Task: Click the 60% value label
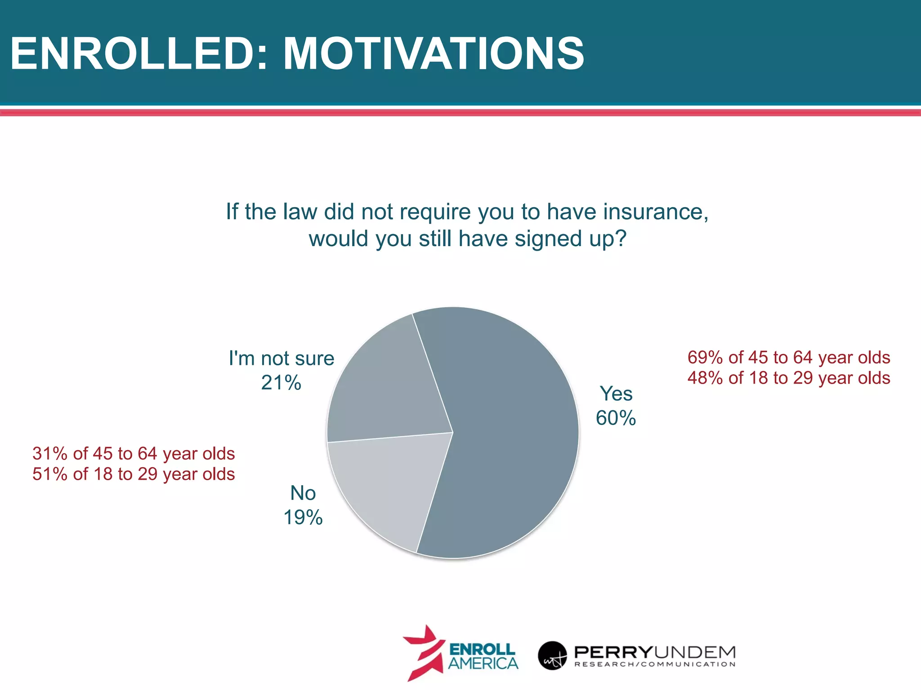[x=616, y=418]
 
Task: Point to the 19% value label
[x=303, y=517]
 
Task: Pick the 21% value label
[x=281, y=383]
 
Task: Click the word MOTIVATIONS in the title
[x=434, y=54]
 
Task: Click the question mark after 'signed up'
[x=621, y=238]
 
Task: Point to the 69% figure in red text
[x=705, y=358]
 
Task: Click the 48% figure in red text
[x=705, y=378]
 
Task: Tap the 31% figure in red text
[x=49, y=454]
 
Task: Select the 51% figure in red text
[x=49, y=474]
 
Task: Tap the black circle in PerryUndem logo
[x=552, y=655]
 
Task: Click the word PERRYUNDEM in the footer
[x=655, y=651]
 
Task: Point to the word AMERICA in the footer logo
[x=483, y=663]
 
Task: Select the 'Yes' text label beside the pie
[x=616, y=394]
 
